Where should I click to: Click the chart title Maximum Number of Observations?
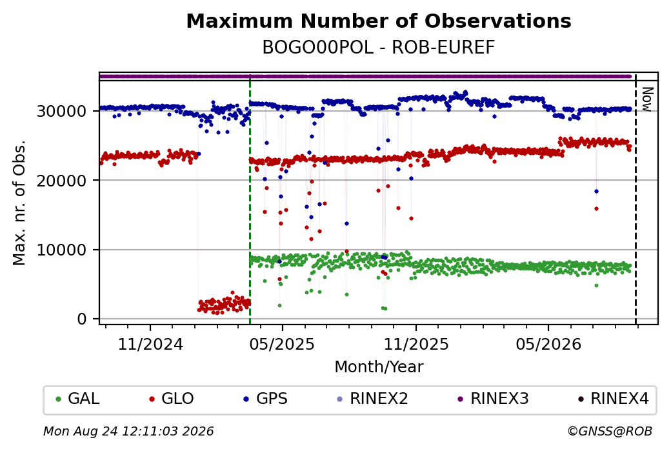click(x=379, y=21)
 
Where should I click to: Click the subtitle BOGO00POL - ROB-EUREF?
click(x=379, y=48)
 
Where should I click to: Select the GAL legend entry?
click(x=78, y=399)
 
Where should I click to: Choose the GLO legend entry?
click(x=172, y=399)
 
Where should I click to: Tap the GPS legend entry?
click(x=265, y=399)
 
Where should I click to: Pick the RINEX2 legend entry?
click(x=373, y=399)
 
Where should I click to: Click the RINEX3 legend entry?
click(x=494, y=399)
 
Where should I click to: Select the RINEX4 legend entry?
click(x=614, y=399)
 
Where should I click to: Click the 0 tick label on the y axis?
click(x=82, y=319)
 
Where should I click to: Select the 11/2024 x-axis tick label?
click(x=150, y=344)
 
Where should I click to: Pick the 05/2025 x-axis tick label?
click(x=282, y=344)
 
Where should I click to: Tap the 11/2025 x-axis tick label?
click(x=416, y=344)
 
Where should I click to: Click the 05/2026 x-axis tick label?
click(x=548, y=344)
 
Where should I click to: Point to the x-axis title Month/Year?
click(x=379, y=367)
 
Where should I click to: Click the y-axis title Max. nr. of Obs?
click(x=19, y=203)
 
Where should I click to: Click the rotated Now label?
click(x=648, y=99)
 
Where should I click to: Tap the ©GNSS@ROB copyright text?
click(x=610, y=431)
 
